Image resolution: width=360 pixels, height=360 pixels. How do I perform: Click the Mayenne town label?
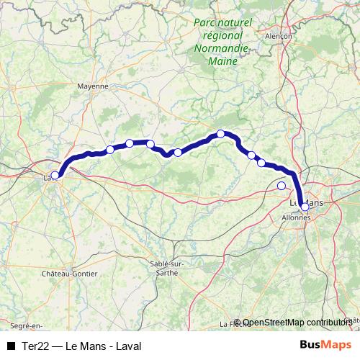92,85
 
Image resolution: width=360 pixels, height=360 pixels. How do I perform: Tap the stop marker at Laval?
55,175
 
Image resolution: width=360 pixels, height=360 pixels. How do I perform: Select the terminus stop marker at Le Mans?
305,207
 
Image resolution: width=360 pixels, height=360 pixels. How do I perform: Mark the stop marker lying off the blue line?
282,186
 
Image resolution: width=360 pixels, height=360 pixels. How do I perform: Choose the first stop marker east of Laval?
110,150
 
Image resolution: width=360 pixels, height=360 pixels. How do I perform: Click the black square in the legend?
11,346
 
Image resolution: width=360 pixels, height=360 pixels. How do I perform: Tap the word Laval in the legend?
127,346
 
